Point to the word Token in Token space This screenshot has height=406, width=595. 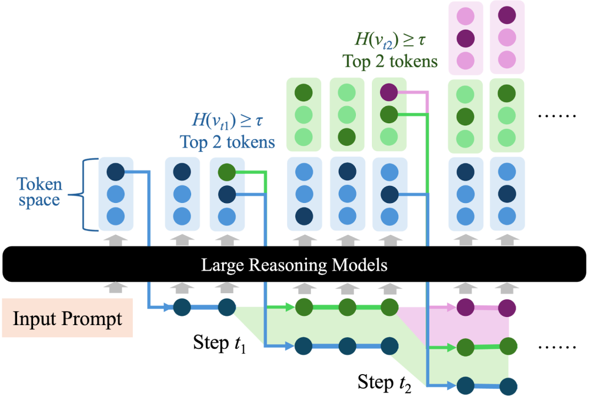click(39, 184)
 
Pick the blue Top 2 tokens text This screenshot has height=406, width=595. click(227, 142)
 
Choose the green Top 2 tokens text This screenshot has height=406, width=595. click(390, 61)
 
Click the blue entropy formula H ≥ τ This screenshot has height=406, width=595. click(226, 120)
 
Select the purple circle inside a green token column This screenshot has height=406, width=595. click(389, 92)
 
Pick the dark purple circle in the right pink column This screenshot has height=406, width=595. click(507, 14)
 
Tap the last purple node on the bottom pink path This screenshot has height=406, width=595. click(506, 308)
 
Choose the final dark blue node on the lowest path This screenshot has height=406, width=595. click(509, 386)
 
